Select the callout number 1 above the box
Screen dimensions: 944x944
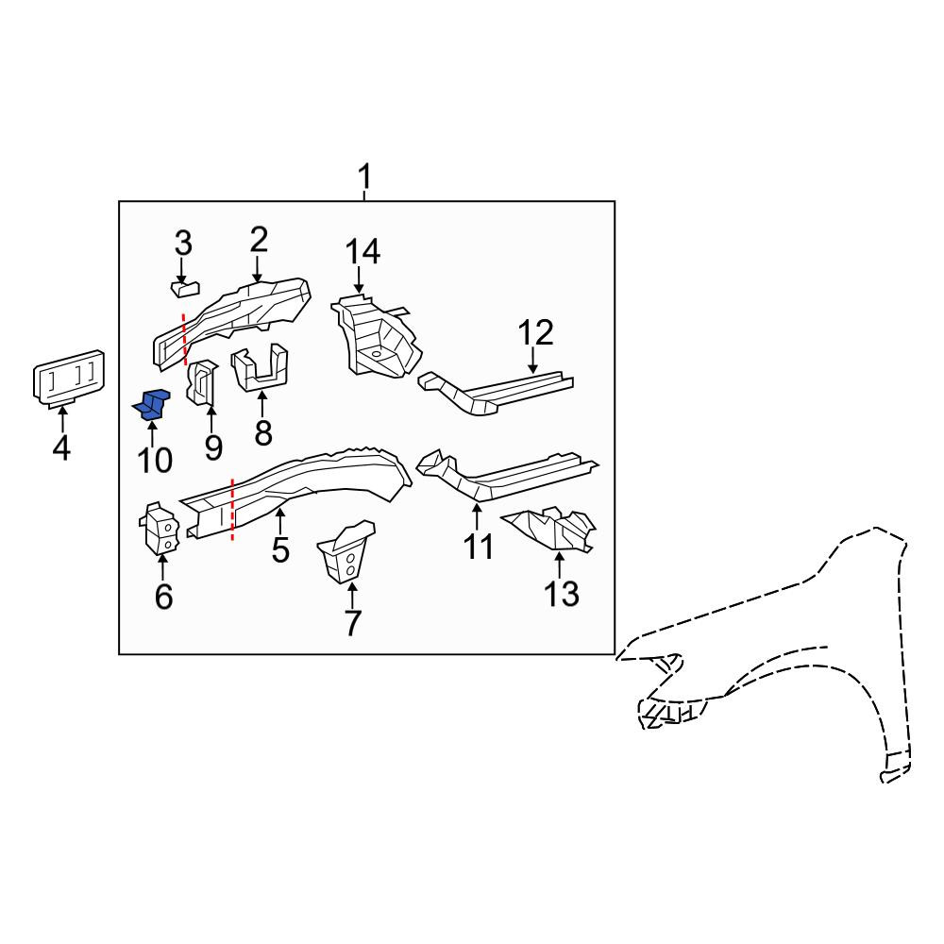(x=364, y=177)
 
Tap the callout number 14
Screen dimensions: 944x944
(x=362, y=251)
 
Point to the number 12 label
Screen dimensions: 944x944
(x=535, y=333)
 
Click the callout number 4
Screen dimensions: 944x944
(x=61, y=447)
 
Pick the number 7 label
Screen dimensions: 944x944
(x=352, y=623)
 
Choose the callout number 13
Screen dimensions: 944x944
(x=561, y=593)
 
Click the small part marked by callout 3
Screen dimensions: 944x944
(x=185, y=288)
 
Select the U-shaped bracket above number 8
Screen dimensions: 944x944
(x=260, y=368)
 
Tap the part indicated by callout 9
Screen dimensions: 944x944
(x=202, y=383)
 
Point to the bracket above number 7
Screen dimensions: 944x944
(x=347, y=552)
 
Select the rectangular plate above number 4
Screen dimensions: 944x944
(x=68, y=378)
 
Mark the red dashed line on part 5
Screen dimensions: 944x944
(x=232, y=510)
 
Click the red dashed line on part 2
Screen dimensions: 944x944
(x=184, y=338)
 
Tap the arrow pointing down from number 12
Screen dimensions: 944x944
(x=532, y=361)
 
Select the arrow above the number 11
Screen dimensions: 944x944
(x=477, y=517)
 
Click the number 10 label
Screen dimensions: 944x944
(x=155, y=461)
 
